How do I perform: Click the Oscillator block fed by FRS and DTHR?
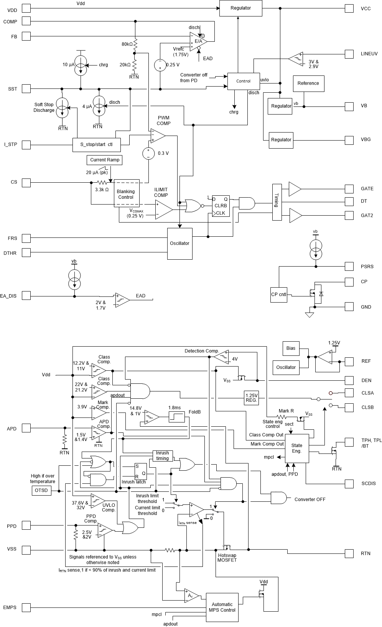pyautogui.click(x=179, y=244)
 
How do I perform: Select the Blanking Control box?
pyautogui.click(x=125, y=194)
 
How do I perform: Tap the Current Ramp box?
pyautogui.click(x=104, y=160)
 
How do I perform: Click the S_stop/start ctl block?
pyautogui.click(x=96, y=145)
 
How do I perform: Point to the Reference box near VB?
pyautogui.click(x=308, y=83)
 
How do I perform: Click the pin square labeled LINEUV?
pyautogui.click(x=349, y=54)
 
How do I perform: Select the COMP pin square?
pyautogui.click(x=26, y=21)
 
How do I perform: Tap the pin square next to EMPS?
pyautogui.click(x=26, y=607)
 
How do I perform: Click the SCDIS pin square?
pyautogui.click(x=349, y=483)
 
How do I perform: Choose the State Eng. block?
pyautogui.click(x=297, y=448)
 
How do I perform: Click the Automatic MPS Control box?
pyautogui.click(x=222, y=607)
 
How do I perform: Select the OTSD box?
pyautogui.click(x=41, y=491)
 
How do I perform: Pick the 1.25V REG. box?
pyautogui.click(x=251, y=398)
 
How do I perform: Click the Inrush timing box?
pyautogui.click(x=162, y=455)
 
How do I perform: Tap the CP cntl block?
pyautogui.click(x=279, y=295)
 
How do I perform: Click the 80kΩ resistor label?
pyautogui.click(x=127, y=44)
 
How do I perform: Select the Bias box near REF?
pyautogui.click(x=291, y=348)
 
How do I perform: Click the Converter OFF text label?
pyautogui.click(x=310, y=499)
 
